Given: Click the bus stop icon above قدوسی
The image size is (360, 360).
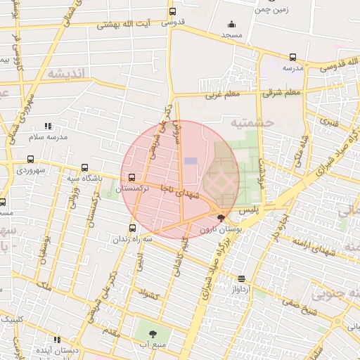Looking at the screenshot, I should point(172,11).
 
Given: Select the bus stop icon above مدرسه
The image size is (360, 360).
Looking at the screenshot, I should point(292,58).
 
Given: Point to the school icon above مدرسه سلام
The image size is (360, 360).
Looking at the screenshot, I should point(47,126).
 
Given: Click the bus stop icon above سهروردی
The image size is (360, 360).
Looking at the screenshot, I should point(30,160).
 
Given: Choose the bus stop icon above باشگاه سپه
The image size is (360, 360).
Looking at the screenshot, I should point(85,168).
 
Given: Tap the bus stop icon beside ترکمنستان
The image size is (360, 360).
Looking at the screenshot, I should point(133,177).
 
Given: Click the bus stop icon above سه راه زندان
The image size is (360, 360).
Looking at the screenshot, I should point(133,228).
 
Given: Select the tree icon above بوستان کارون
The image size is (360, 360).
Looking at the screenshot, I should point(221,219).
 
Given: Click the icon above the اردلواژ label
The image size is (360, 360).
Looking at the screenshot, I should point(242,278).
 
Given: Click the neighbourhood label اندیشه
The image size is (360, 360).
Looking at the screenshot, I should point(66,73).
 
